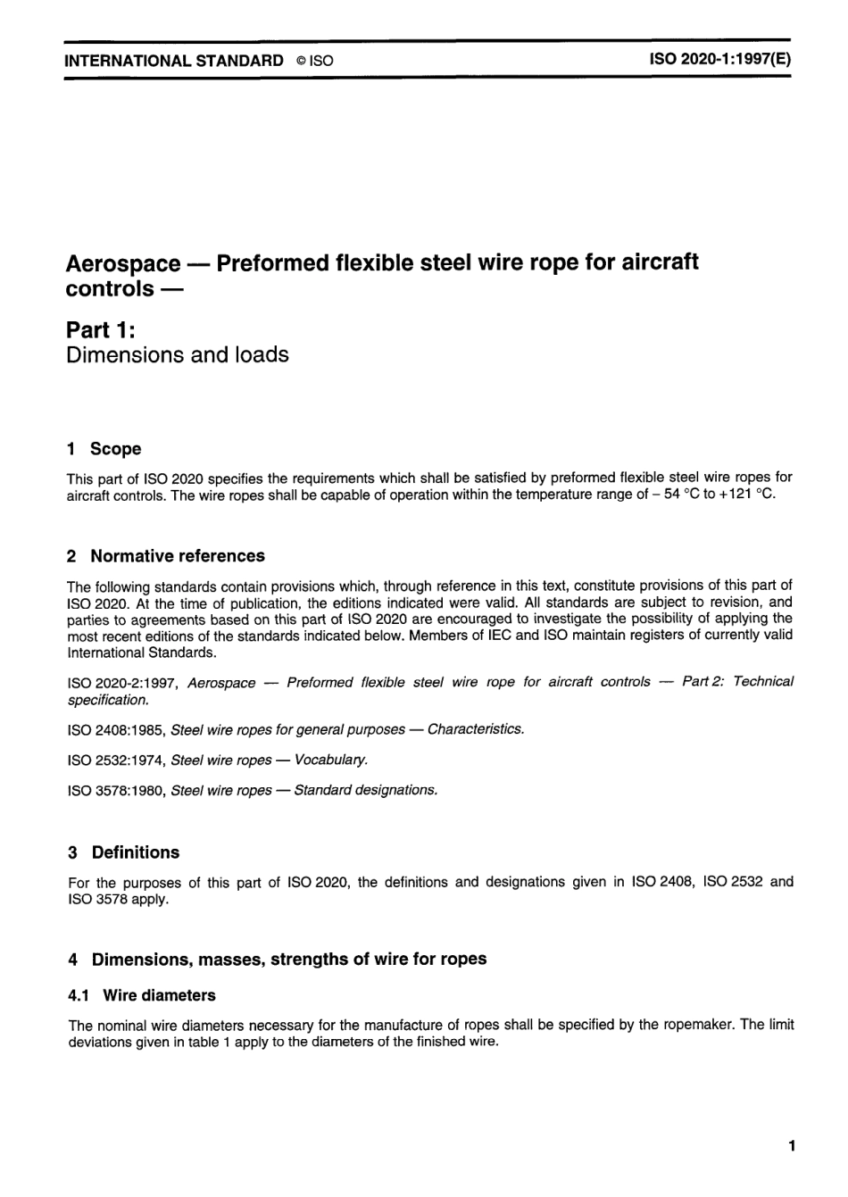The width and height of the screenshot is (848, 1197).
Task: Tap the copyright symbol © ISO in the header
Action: pos(315,62)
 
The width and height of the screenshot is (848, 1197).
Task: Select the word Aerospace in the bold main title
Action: pos(123,264)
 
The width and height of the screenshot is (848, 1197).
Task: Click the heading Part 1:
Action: pos(101,329)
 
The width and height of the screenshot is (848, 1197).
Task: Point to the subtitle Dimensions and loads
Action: pos(178,355)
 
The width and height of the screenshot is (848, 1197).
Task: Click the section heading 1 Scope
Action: pos(104,449)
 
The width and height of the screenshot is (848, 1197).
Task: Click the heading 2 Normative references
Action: pos(166,556)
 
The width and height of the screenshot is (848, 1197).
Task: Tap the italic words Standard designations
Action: pos(365,791)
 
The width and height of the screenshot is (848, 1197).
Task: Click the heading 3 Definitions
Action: pos(124,852)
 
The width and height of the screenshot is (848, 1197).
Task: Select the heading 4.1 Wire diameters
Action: pos(142,995)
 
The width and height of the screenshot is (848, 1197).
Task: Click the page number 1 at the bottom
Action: pos(791,1146)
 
